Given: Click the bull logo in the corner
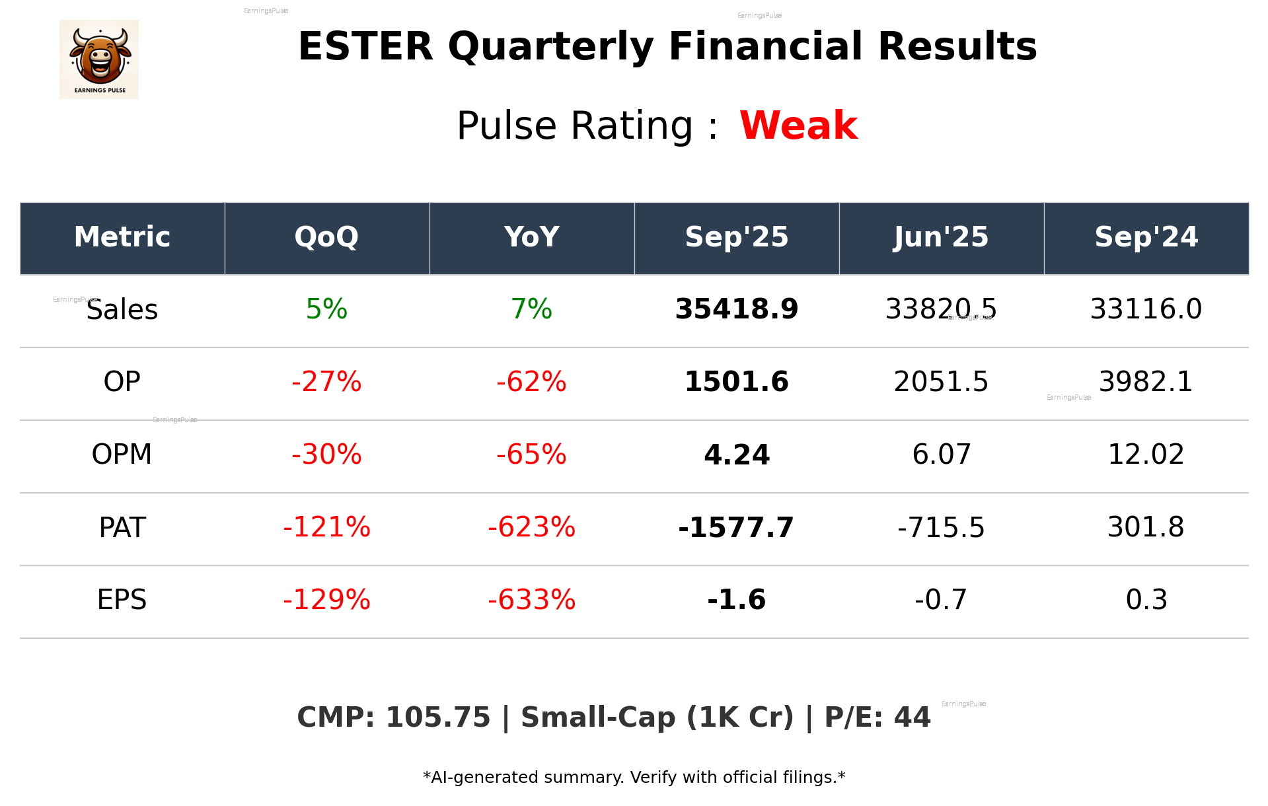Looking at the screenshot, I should (99, 59).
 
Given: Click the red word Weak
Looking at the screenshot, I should (798, 126).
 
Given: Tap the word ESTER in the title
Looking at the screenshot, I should (365, 47).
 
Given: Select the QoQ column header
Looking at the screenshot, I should (326, 237).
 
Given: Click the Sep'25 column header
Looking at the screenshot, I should (736, 237).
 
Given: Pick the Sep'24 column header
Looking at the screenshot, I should (1146, 237).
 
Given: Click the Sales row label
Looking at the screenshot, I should (122, 310).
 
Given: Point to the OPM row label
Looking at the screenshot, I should (122, 455).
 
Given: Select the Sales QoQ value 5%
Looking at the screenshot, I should (326, 309).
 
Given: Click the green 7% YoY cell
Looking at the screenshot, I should (531, 309).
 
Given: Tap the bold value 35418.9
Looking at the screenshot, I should (736, 309).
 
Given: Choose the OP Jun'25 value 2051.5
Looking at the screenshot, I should (941, 382).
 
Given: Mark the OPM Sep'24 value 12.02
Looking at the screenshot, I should (1146, 455).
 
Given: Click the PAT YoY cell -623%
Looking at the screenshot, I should (531, 527).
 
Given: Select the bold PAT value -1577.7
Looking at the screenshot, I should (736, 527).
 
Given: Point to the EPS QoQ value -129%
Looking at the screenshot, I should (326, 600).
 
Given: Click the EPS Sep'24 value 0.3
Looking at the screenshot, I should (1146, 600).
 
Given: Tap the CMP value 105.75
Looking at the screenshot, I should (438, 717).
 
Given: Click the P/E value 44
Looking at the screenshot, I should (912, 717).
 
